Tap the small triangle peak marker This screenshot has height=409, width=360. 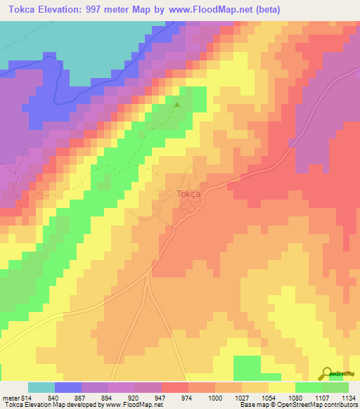click(177, 105)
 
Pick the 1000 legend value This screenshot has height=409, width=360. click(201, 397)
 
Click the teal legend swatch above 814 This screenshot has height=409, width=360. click(41, 387)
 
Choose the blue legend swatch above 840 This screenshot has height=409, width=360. click(68, 387)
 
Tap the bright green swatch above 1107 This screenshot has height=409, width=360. click(308, 387)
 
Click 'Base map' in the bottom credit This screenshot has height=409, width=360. click(249, 405)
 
